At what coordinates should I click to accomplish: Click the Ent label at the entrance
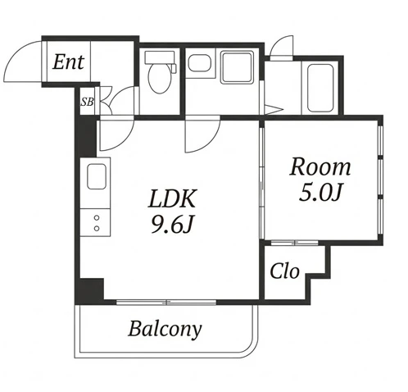point(68,62)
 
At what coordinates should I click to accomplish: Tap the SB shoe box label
point(87,102)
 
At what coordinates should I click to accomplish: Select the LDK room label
point(173,198)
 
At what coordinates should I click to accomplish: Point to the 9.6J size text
point(173,224)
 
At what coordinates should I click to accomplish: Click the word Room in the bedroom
point(320,166)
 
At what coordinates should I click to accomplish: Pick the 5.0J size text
point(320,192)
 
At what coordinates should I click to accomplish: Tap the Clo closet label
point(284,271)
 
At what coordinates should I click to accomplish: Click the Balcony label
point(165,329)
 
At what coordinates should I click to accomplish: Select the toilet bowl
point(158,78)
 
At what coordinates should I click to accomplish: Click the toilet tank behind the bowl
point(160,57)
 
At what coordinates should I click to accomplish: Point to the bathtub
point(320,88)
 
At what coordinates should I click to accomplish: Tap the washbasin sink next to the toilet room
point(199,63)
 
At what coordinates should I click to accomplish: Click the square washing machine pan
point(237,67)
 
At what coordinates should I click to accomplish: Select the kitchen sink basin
point(97,176)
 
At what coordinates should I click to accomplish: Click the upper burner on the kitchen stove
point(97,218)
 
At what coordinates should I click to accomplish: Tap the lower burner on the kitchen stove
point(97,228)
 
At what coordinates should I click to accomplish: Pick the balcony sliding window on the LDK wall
point(166,302)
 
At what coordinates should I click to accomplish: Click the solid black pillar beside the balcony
point(89,292)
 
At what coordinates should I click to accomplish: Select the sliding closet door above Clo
point(295,243)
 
